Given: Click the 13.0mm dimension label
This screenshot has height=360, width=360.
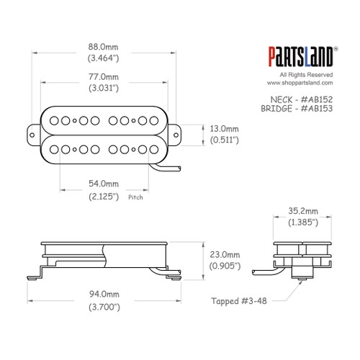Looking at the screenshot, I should (x=224, y=127).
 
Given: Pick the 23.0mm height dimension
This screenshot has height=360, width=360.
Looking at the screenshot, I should (x=224, y=254).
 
